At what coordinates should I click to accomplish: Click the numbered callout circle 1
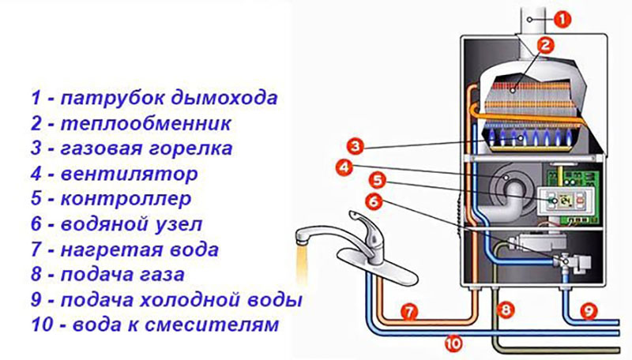pyautogui.click(x=559, y=17)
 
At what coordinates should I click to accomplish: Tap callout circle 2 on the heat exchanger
pyautogui.click(x=543, y=46)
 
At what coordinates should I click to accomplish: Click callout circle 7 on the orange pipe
pyautogui.click(x=408, y=312)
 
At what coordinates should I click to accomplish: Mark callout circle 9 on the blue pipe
pyautogui.click(x=585, y=311)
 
